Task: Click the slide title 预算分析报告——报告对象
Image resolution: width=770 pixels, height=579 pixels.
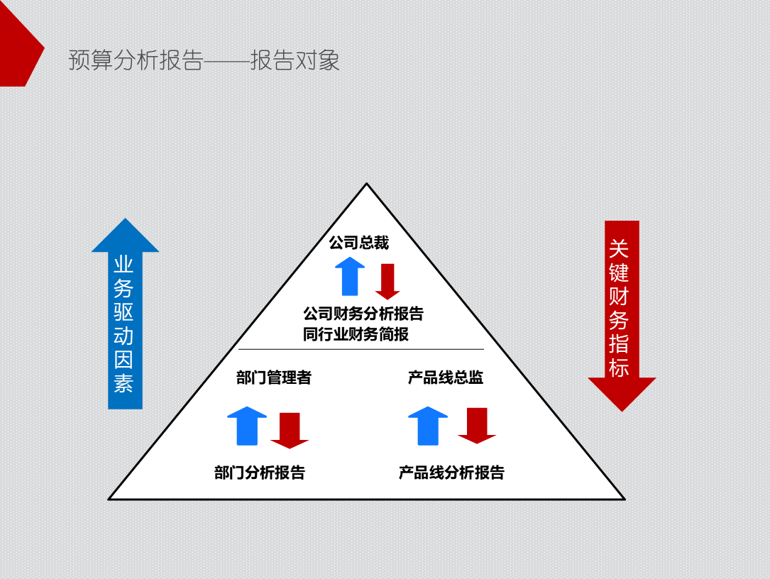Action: coord(204,60)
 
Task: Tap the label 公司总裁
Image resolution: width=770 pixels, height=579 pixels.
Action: coord(358,243)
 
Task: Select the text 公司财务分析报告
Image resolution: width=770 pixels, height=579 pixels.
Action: coord(363,314)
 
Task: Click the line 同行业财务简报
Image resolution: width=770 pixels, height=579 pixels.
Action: coord(356,334)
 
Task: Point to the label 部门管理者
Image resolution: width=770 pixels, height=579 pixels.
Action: coord(273,377)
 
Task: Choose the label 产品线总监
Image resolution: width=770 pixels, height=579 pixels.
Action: coord(446,377)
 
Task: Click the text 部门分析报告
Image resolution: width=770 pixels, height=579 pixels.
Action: coord(260,473)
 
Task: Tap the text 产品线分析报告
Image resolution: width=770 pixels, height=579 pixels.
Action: coord(451,473)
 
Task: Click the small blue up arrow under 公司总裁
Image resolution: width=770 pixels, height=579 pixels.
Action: coord(350,277)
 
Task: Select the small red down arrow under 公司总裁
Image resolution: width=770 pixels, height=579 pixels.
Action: coord(387,281)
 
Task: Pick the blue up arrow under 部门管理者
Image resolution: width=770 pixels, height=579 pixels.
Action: coord(247,426)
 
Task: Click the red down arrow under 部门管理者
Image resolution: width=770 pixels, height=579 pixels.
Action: coord(290,430)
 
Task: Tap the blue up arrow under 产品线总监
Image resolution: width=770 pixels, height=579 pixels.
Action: coord(428,426)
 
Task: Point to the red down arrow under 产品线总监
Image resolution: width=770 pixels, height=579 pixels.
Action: coord(477,426)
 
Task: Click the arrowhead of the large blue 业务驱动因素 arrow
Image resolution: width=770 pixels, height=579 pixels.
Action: coord(125,237)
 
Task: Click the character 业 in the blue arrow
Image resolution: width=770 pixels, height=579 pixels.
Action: coord(124,265)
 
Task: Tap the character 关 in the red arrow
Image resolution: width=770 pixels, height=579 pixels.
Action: coord(619,248)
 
